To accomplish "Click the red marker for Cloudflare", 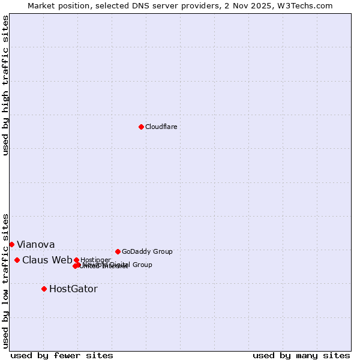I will click(141, 127).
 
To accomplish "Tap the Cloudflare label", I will click(161, 127).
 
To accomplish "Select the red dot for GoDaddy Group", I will click(118, 251).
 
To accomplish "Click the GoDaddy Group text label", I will click(147, 251).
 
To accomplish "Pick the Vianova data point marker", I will click(11, 244).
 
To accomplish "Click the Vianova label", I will click(35, 244).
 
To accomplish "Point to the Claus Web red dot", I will click(17, 260).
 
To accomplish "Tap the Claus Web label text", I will click(47, 260).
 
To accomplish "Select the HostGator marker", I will click(44, 289).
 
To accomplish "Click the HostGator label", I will click(73, 289).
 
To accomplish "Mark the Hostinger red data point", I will click(76, 260).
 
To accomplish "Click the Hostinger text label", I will click(95, 260).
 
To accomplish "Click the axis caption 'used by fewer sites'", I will click(62, 355).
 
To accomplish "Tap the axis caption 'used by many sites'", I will click(301, 355).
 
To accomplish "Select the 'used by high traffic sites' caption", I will click(5, 85).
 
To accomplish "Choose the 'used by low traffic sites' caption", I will click(5, 280).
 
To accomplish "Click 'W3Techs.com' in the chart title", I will click(308, 5).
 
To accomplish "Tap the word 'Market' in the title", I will click(41, 5).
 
